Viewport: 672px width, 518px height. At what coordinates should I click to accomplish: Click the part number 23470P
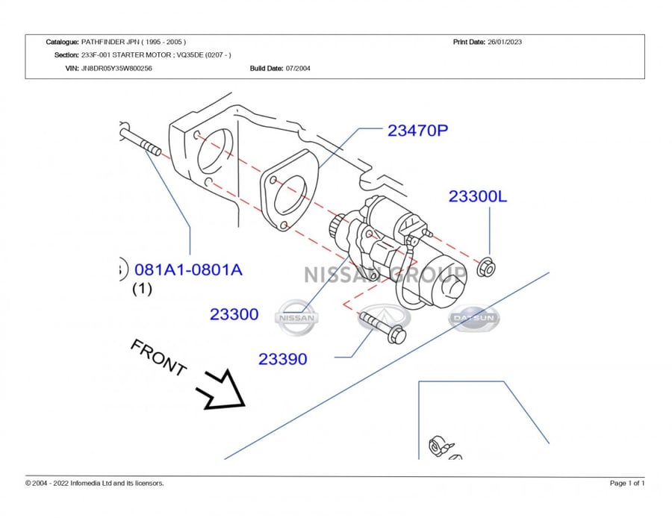click(417, 131)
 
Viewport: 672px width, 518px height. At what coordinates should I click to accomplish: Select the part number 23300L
click(477, 196)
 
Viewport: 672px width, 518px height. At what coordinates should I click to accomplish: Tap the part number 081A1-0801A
click(188, 269)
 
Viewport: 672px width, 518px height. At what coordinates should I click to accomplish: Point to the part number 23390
click(282, 359)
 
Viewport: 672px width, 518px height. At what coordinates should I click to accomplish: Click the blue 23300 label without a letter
click(234, 314)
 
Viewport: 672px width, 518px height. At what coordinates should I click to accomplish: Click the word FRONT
click(158, 358)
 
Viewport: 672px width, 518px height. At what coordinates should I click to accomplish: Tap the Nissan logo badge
click(296, 318)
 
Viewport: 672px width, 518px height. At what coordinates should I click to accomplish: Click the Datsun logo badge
click(474, 318)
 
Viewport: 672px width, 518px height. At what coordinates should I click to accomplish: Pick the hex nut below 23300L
click(486, 267)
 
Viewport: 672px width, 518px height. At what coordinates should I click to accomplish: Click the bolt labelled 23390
click(382, 328)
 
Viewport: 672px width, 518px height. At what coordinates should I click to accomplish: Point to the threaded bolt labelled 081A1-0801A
click(140, 140)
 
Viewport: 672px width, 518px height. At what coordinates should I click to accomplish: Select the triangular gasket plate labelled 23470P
click(290, 191)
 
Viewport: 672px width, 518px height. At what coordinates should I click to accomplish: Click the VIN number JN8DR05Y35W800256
click(116, 68)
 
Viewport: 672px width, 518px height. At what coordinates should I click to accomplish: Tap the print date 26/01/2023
click(505, 42)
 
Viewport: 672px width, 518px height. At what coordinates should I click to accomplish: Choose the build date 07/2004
click(298, 68)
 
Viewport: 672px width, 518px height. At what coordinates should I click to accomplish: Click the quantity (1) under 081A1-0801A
click(143, 289)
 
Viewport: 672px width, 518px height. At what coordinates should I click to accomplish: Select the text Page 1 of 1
click(627, 483)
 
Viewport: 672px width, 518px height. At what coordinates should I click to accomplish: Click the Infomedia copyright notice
click(95, 483)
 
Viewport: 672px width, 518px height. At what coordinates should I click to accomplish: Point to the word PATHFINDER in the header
click(102, 42)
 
